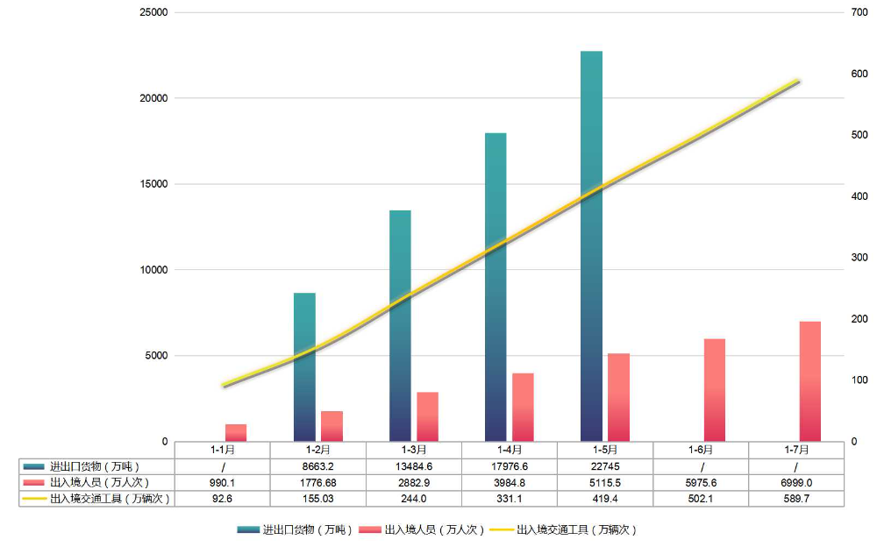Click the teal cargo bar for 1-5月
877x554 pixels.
point(591,245)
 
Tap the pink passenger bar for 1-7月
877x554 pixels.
point(809,380)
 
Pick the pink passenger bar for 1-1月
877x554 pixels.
point(236,432)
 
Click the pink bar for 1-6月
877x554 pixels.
point(714,389)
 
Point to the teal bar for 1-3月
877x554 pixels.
point(400,325)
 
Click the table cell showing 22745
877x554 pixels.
point(605,466)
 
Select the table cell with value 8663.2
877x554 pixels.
point(317,466)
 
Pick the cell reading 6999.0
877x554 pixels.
point(796,482)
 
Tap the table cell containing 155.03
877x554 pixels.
point(317,498)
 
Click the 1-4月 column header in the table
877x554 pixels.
point(510,450)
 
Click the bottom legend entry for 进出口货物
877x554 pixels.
point(295,530)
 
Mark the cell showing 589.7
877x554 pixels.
point(796,498)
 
